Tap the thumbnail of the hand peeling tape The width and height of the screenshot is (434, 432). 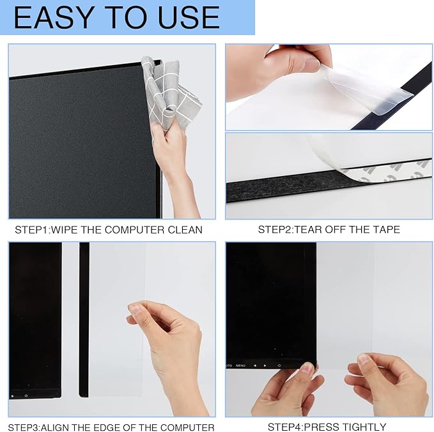point(329,87)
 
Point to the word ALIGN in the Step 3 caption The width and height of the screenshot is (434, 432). point(59,428)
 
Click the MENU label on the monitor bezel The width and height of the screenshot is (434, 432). point(240,366)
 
